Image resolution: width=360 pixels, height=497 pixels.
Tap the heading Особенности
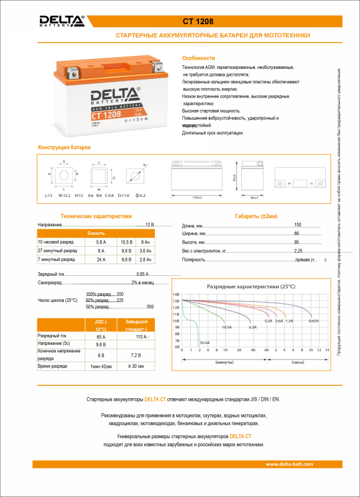point(198,57)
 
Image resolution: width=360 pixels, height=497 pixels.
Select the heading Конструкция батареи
point(65,147)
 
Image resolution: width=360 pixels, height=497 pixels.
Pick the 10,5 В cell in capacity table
point(126,241)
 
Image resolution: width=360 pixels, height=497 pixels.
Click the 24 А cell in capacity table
point(101,259)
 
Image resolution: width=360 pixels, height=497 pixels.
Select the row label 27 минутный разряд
point(57,250)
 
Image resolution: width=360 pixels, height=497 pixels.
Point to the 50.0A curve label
point(205,342)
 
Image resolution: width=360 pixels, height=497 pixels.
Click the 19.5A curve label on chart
point(226,327)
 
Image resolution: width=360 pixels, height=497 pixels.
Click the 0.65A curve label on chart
point(313,321)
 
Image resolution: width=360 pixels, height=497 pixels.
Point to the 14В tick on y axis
point(176,294)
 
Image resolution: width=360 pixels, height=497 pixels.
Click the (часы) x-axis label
point(298,362)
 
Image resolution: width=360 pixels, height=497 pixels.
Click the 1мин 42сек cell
point(101,367)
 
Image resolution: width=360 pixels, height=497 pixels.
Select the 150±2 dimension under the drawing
point(198,197)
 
